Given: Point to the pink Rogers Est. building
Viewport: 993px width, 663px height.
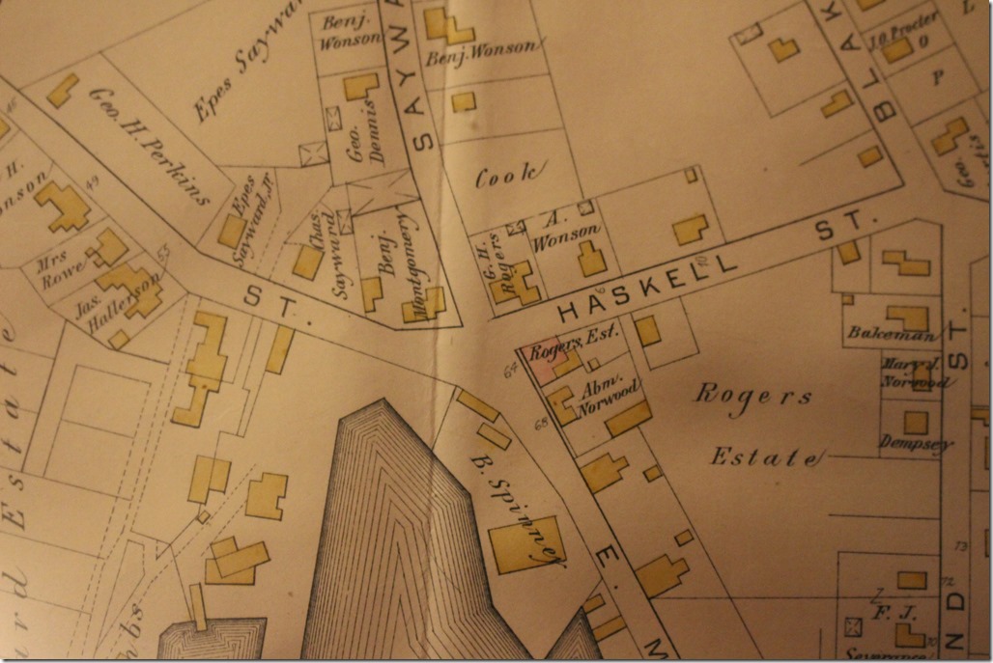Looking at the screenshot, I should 539,359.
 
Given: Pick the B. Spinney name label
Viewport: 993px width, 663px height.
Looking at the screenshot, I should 517,502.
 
